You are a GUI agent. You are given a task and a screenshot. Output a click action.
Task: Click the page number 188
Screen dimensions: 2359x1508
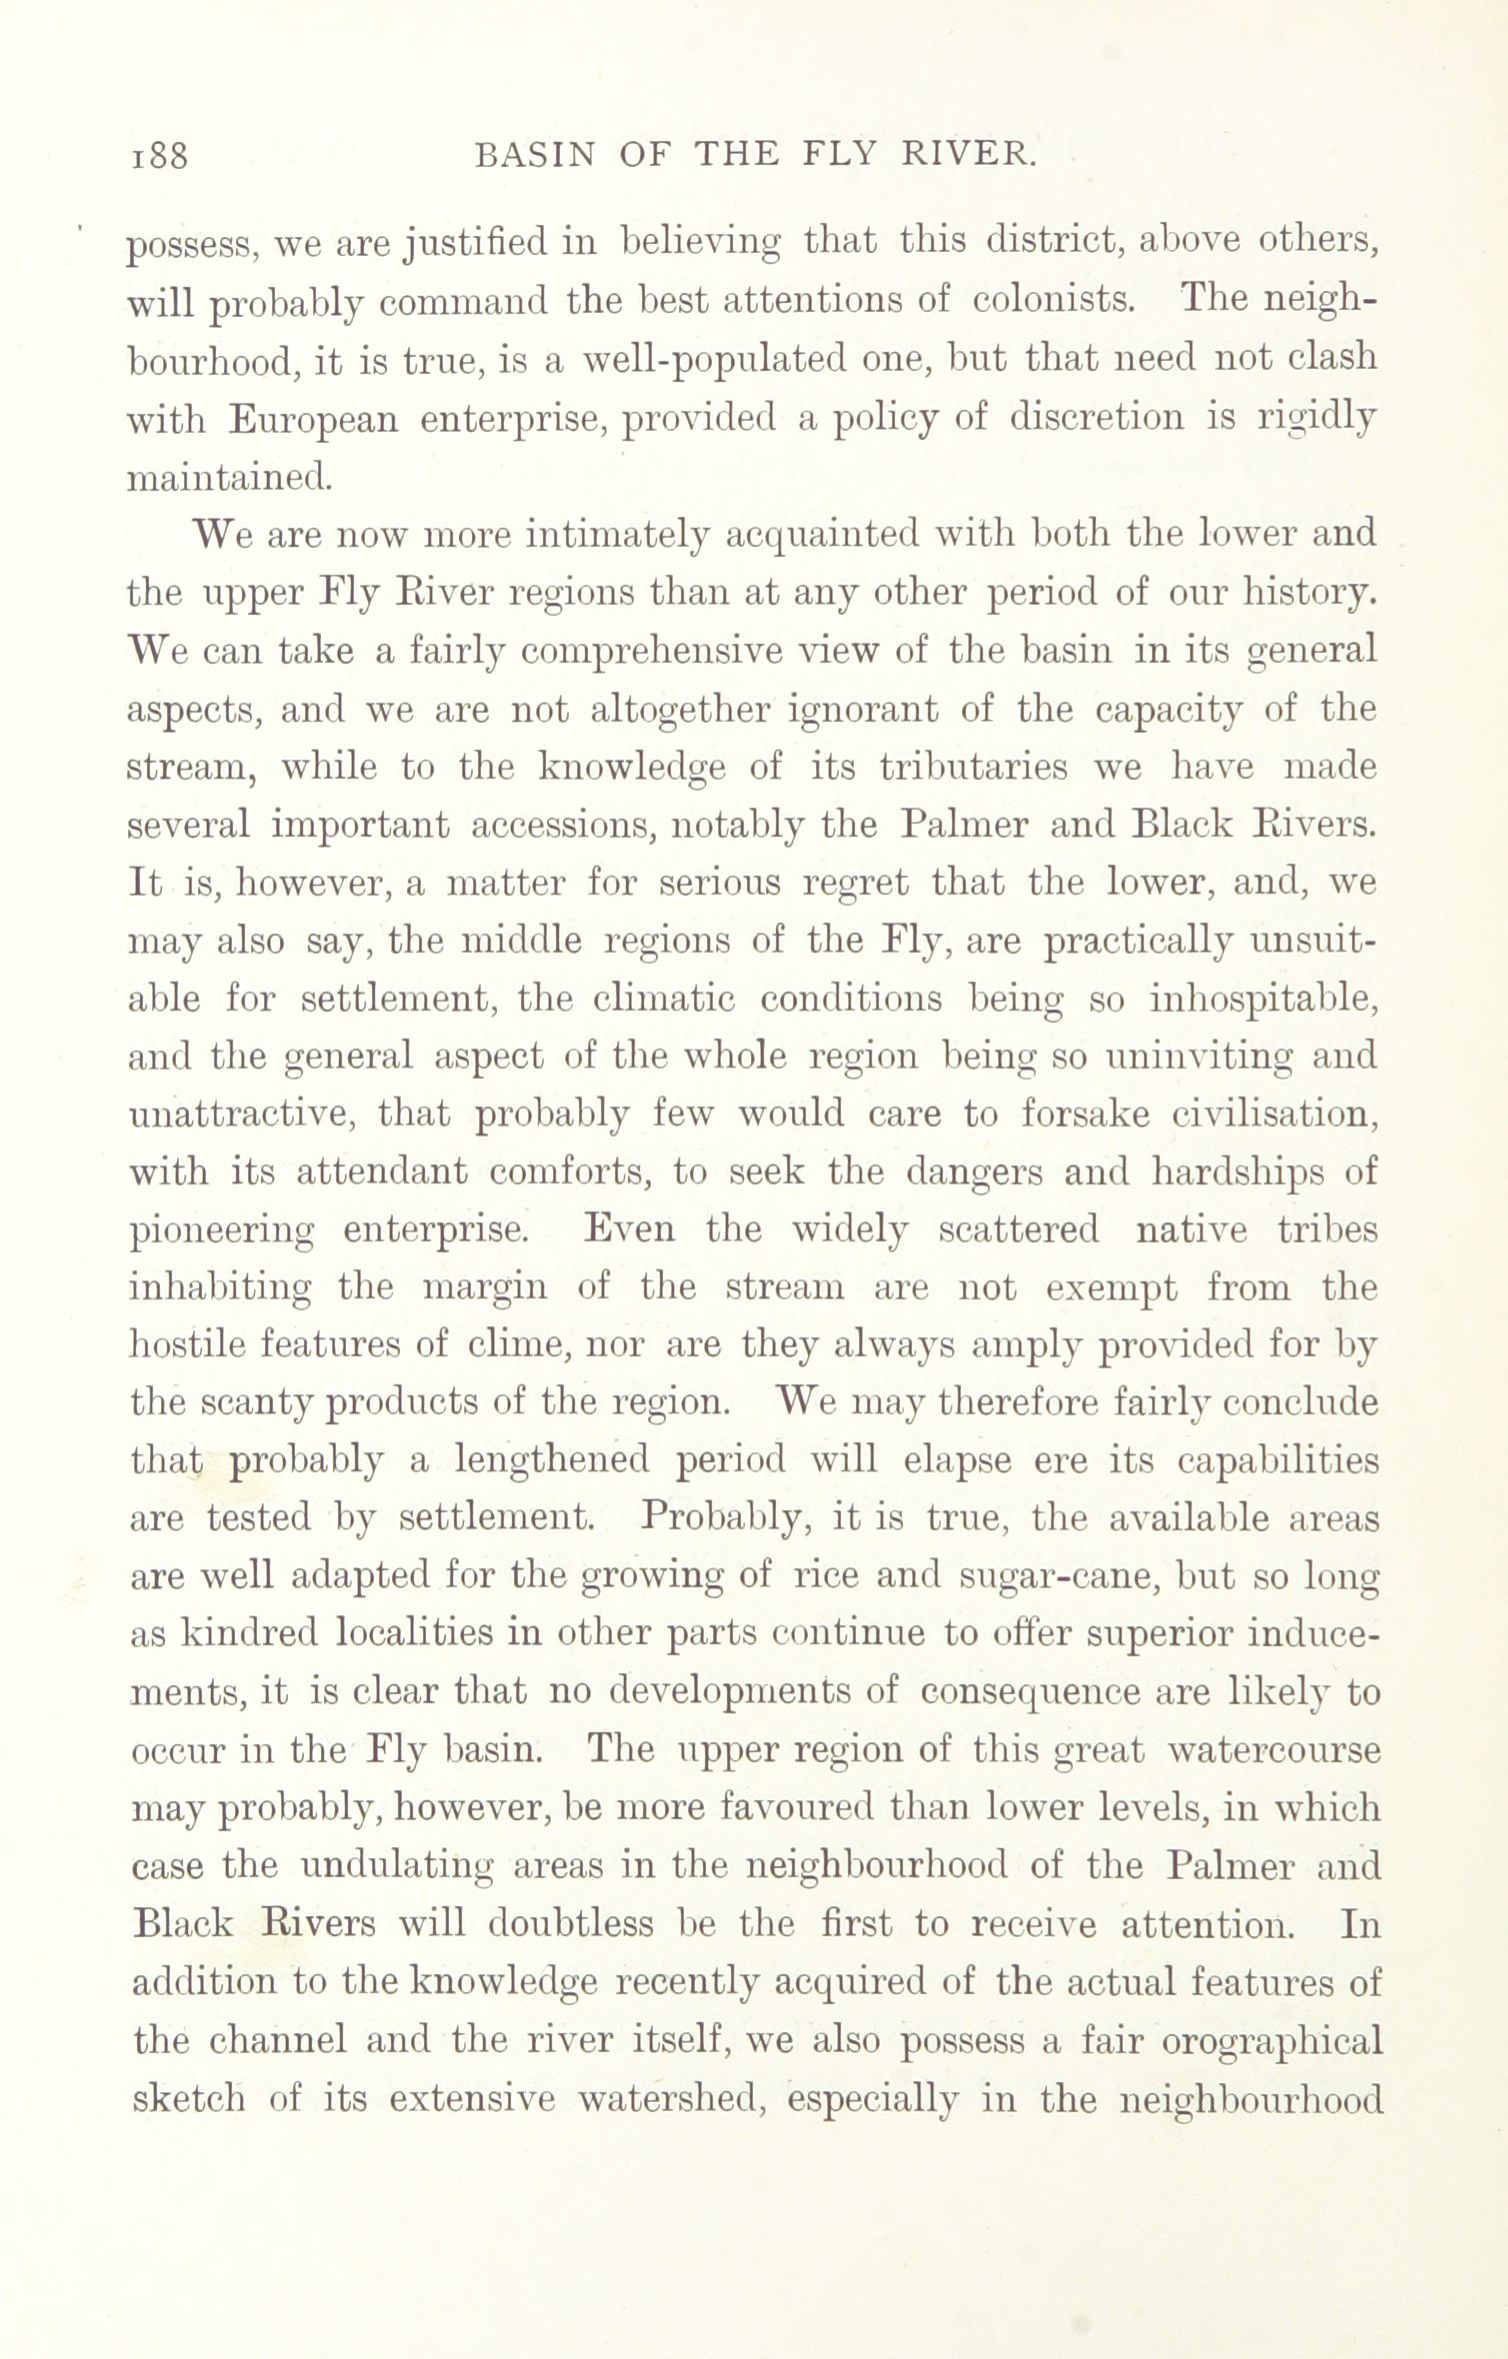pos(159,156)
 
